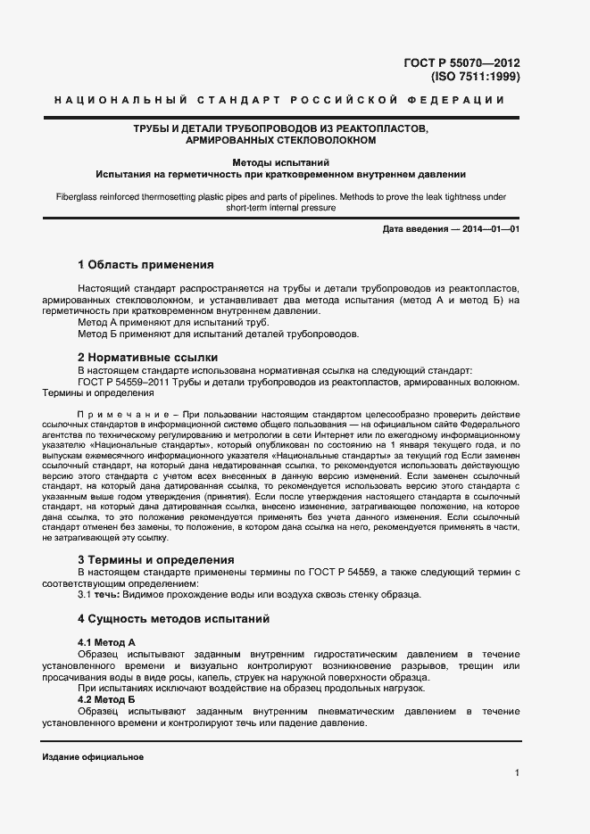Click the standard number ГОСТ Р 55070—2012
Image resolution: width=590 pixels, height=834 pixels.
[462, 62]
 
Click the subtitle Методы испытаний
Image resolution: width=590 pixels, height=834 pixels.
[281, 162]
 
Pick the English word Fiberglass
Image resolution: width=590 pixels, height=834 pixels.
[80, 196]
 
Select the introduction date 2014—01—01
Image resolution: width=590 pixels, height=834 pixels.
[489, 229]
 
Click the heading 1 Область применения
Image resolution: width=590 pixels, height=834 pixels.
[145, 265]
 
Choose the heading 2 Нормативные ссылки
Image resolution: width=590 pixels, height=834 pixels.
[146, 357]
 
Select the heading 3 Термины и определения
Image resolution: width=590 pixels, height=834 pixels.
[156, 559]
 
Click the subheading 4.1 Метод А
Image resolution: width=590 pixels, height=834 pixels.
[106, 642]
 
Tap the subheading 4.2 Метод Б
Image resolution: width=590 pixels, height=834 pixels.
[106, 699]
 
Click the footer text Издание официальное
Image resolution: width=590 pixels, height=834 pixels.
[93, 757]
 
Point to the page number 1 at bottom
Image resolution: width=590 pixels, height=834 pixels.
[517, 772]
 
